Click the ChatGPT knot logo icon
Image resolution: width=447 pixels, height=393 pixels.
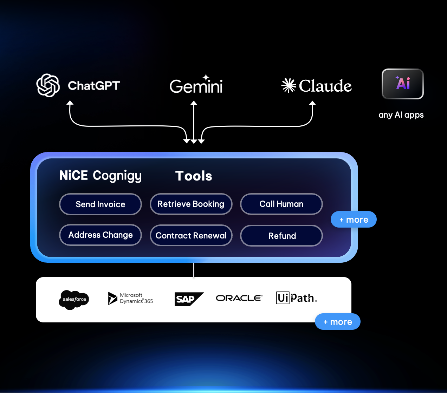click(48, 85)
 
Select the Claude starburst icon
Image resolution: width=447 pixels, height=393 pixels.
click(289, 85)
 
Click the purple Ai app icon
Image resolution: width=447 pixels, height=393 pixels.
click(403, 84)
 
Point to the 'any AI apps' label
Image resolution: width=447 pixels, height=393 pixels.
click(401, 115)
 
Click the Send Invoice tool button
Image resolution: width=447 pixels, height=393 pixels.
click(101, 204)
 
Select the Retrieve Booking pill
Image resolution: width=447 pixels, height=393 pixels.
click(191, 204)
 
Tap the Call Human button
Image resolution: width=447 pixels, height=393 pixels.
click(281, 204)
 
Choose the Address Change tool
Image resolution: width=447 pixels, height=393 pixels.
click(101, 235)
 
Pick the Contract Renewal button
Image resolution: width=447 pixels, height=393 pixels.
click(191, 235)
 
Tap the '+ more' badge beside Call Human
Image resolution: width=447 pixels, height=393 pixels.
click(354, 220)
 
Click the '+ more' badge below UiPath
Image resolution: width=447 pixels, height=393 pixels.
click(338, 322)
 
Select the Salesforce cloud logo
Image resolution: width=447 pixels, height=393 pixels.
click(74, 300)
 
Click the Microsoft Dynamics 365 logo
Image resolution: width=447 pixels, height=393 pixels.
click(130, 298)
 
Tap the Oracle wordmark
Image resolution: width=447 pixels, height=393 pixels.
click(239, 298)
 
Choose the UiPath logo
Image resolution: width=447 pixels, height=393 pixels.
click(296, 298)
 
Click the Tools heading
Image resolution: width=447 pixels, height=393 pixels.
click(194, 176)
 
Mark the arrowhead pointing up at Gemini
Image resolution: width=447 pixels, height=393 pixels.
click(194, 103)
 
